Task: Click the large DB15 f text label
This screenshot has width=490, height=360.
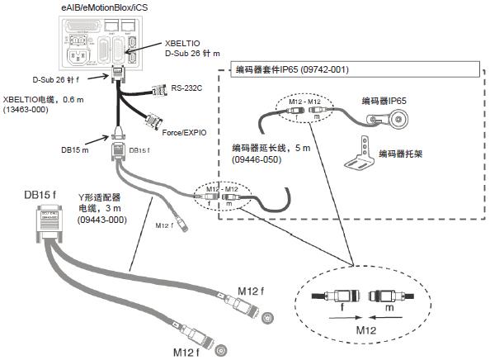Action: pyautogui.click(x=42, y=195)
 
